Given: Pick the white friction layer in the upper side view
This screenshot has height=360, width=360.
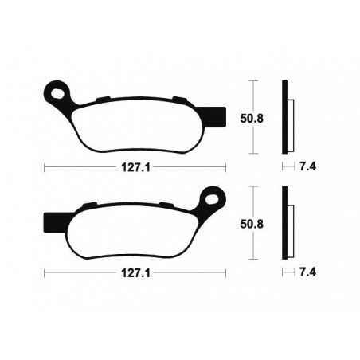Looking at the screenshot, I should coord(290,119).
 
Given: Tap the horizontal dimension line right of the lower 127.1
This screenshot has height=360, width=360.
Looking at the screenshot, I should coord(191,272).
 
